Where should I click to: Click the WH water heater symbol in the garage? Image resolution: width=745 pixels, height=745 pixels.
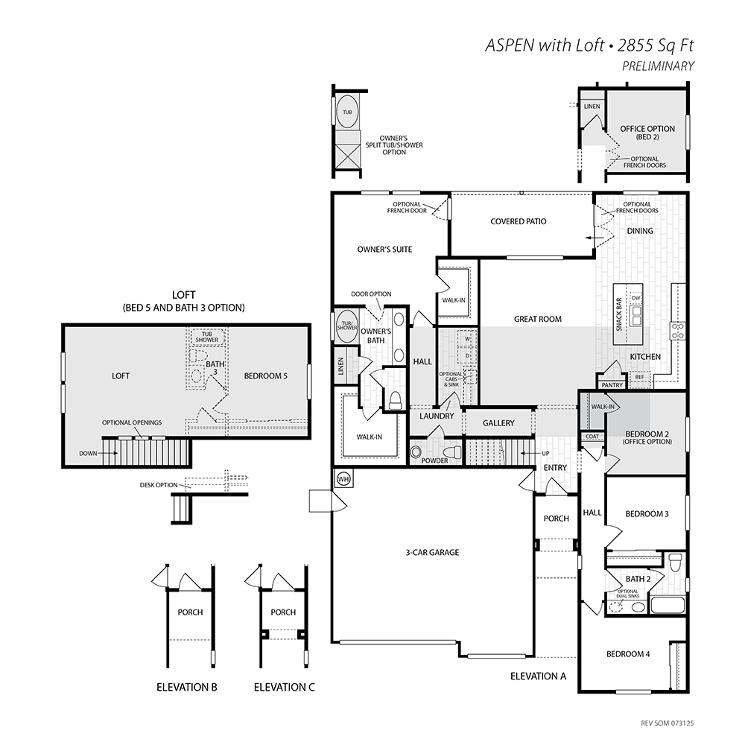(x=343, y=479)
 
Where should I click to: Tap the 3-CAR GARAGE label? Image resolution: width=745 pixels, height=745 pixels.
(x=432, y=553)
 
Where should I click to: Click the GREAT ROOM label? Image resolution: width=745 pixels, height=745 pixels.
(x=538, y=320)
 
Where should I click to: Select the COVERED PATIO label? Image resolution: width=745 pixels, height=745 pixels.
(x=519, y=221)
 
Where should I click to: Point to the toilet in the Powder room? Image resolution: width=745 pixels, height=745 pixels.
(x=452, y=452)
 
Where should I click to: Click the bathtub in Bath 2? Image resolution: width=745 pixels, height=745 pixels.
(x=668, y=605)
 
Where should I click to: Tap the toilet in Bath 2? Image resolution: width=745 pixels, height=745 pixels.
(x=674, y=564)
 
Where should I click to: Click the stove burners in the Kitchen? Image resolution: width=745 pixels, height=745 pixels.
(x=677, y=331)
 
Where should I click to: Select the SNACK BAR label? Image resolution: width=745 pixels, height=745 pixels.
(x=618, y=314)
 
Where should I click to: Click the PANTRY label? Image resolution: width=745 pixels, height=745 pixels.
(x=612, y=385)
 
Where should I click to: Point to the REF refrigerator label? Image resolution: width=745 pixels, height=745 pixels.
(x=639, y=377)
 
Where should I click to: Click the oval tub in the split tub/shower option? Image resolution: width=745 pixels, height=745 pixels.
(x=347, y=112)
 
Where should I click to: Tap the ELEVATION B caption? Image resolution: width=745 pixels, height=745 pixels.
(x=187, y=687)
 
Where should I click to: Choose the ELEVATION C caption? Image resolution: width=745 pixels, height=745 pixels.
(x=284, y=687)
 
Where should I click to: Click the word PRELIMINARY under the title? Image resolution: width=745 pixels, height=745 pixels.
(x=658, y=66)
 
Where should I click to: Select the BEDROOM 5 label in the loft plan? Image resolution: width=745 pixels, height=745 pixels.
(x=266, y=375)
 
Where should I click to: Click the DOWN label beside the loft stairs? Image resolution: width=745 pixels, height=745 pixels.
(x=88, y=453)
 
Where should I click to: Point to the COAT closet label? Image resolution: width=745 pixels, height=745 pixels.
(x=592, y=437)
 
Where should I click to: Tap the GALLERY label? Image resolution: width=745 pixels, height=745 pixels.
(x=498, y=423)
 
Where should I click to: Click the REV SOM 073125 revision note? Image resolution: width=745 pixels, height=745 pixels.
(x=667, y=723)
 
